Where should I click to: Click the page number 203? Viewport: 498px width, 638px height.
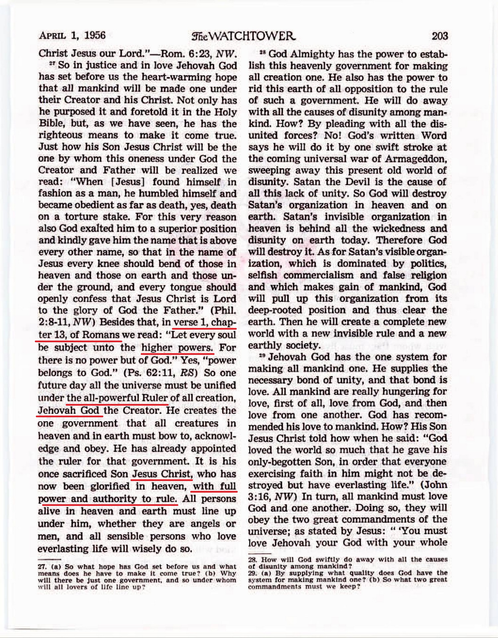pyautogui.click(x=439, y=36)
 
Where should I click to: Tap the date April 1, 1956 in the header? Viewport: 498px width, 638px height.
pyautogui.click(x=72, y=35)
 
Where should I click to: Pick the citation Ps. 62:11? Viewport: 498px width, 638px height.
pyautogui.click(x=152, y=372)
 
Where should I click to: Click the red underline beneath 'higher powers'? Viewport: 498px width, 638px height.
pyautogui.click(x=177, y=354)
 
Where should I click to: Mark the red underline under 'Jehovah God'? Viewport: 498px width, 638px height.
pyautogui.click(x=70, y=416)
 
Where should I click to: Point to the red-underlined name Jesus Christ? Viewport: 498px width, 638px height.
pyautogui.click(x=162, y=474)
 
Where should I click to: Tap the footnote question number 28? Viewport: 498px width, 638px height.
pyautogui.click(x=253, y=559)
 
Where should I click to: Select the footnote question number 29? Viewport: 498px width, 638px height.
pyautogui.click(x=253, y=573)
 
